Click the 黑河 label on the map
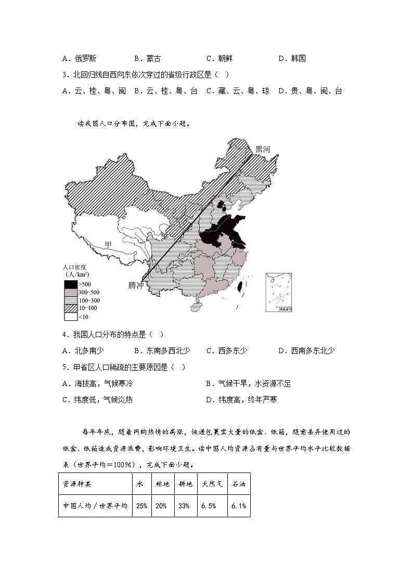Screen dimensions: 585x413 (263, 149)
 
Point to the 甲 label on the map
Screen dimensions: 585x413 (108, 244)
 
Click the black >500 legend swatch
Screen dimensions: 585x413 (70, 284)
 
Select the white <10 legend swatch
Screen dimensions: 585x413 (70, 316)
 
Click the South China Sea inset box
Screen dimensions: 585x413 (278, 292)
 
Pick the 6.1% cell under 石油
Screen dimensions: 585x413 (239, 506)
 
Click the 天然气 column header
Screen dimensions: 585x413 (212, 484)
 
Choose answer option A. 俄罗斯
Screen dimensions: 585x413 (79, 58)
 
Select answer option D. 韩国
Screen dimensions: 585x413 (292, 58)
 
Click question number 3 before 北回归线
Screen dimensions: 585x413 (64, 74)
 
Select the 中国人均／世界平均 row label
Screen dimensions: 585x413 (95, 506)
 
